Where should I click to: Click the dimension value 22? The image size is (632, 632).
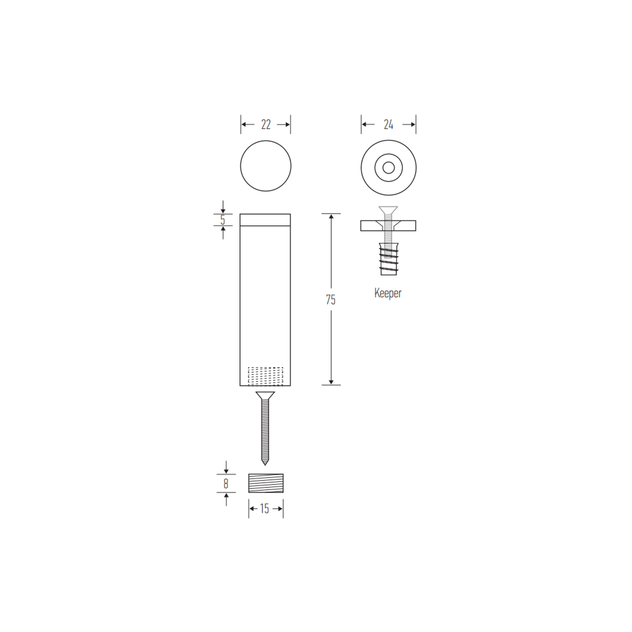click(266, 125)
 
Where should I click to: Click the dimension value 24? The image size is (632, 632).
click(388, 125)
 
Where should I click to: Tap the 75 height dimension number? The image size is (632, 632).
click(331, 300)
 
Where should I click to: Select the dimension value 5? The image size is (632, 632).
click(223, 219)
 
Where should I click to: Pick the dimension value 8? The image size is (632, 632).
click(226, 483)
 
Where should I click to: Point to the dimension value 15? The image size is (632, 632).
click(265, 509)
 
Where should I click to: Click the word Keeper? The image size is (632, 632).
click(388, 293)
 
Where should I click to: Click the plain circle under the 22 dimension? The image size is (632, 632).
click(266, 166)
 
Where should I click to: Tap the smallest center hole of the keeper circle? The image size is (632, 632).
click(389, 168)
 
